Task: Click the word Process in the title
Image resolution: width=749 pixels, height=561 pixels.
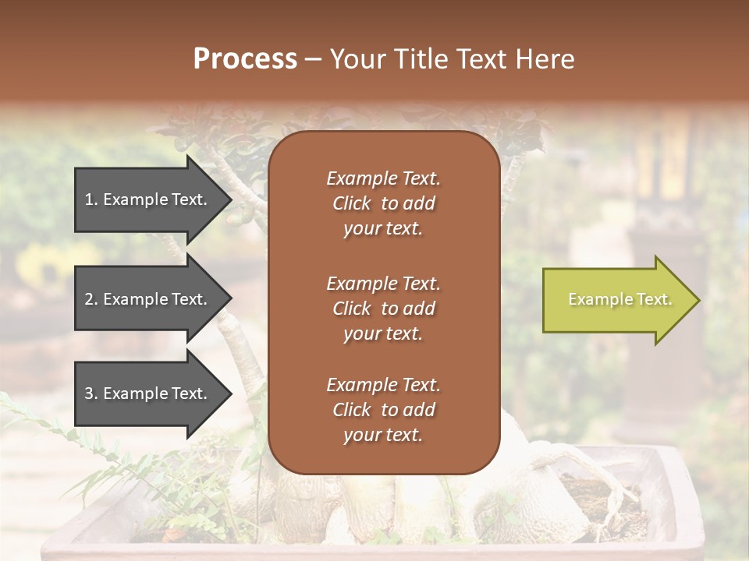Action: coord(245,59)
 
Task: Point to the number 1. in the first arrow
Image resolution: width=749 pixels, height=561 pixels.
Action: coord(91,199)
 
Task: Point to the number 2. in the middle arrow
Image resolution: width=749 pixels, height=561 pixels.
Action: coord(91,299)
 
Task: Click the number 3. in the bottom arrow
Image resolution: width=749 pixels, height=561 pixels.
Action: coord(91,393)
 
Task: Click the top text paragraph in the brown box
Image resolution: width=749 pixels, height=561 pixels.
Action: coord(383,203)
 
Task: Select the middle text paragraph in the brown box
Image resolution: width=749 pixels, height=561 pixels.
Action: coord(383,309)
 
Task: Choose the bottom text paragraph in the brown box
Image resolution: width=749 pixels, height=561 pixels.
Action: coord(383,410)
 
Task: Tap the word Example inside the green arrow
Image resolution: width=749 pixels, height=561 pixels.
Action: coord(595,299)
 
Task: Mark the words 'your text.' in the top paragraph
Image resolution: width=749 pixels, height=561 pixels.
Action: coord(383,229)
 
